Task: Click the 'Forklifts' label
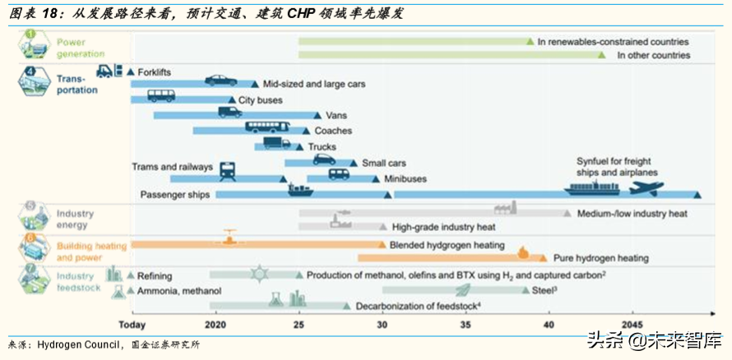click(154, 72)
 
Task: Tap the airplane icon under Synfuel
click(646, 188)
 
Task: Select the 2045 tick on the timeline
click(632, 324)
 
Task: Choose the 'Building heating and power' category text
click(90, 251)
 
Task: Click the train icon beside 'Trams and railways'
click(228, 171)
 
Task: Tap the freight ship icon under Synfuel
click(591, 188)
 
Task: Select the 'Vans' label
click(336, 116)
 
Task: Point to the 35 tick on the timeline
click(466, 324)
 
